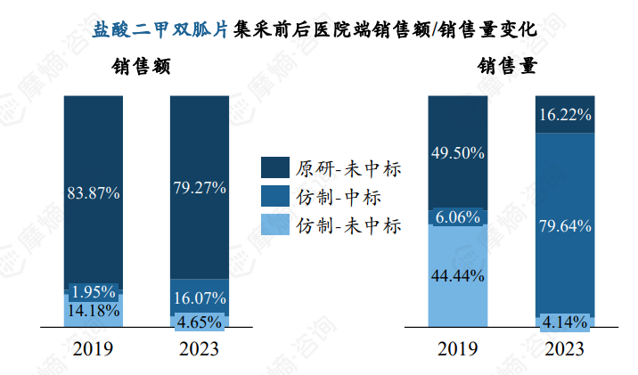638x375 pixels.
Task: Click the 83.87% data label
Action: coord(94,192)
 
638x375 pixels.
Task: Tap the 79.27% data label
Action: coord(200,188)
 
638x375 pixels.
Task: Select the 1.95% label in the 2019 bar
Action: coord(94,293)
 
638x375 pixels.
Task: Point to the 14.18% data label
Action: coord(94,311)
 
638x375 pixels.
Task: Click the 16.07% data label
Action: coord(200,298)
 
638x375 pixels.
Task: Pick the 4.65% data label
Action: coord(200,322)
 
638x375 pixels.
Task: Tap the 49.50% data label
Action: coord(458,152)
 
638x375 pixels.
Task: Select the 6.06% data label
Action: coord(458,216)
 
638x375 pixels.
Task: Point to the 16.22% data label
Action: coord(565,115)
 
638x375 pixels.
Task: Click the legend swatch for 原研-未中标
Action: coord(274,168)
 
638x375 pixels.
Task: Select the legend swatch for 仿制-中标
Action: coord(274,196)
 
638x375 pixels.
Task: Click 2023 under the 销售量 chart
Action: coord(565,348)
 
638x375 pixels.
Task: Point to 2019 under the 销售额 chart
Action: coord(94,348)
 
